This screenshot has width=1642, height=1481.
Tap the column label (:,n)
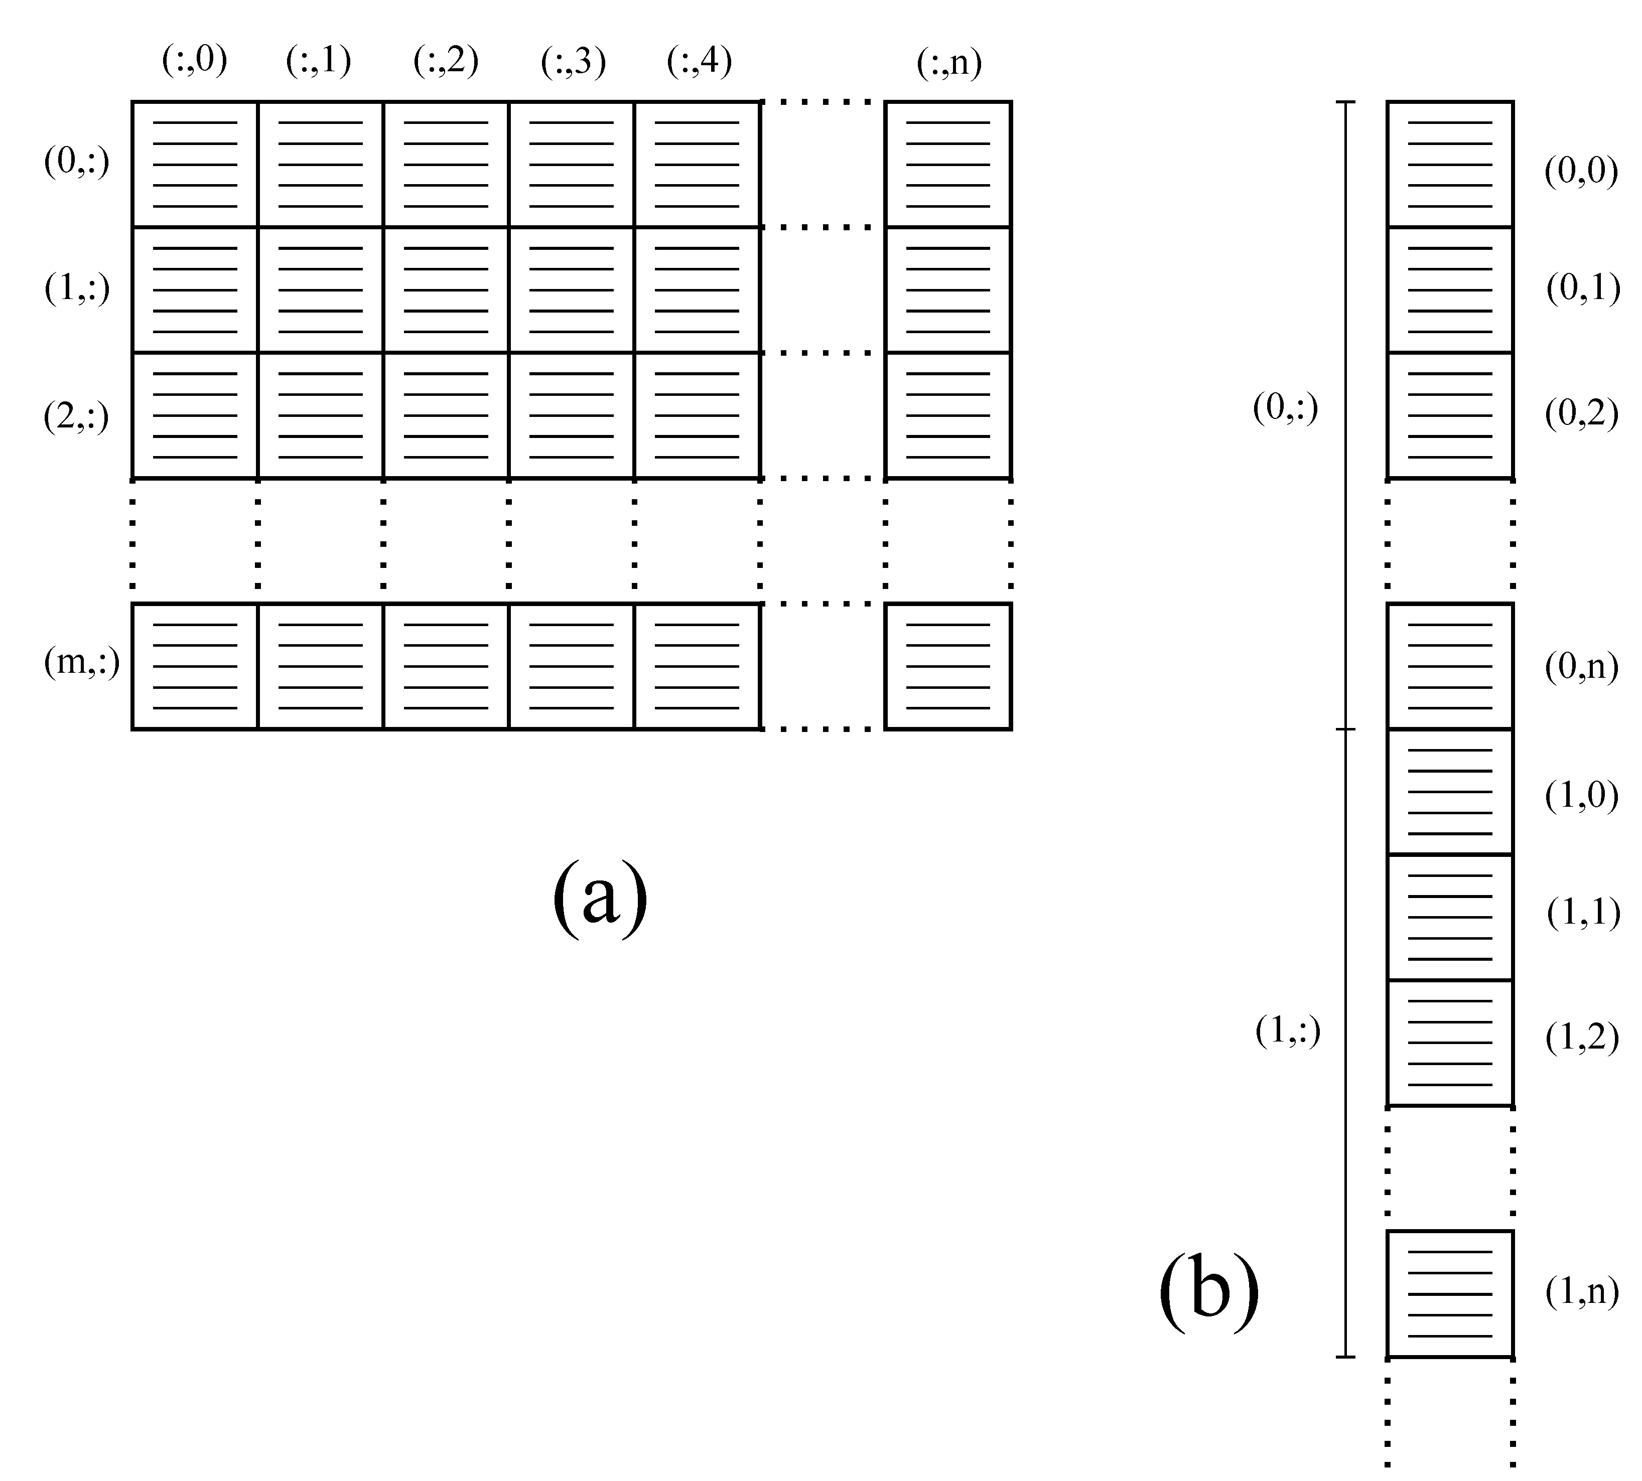(x=948, y=63)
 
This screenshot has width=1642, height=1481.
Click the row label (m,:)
(x=81, y=663)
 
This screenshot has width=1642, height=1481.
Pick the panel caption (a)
(x=600, y=901)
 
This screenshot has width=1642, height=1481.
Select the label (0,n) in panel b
(x=1581, y=667)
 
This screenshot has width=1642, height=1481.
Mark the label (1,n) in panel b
(x=1581, y=1291)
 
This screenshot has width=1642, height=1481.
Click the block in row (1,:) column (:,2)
(x=445, y=289)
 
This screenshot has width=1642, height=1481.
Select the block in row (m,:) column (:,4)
(x=697, y=666)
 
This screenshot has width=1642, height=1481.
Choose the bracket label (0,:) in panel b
(x=1285, y=408)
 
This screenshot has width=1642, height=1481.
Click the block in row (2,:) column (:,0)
(x=195, y=415)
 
